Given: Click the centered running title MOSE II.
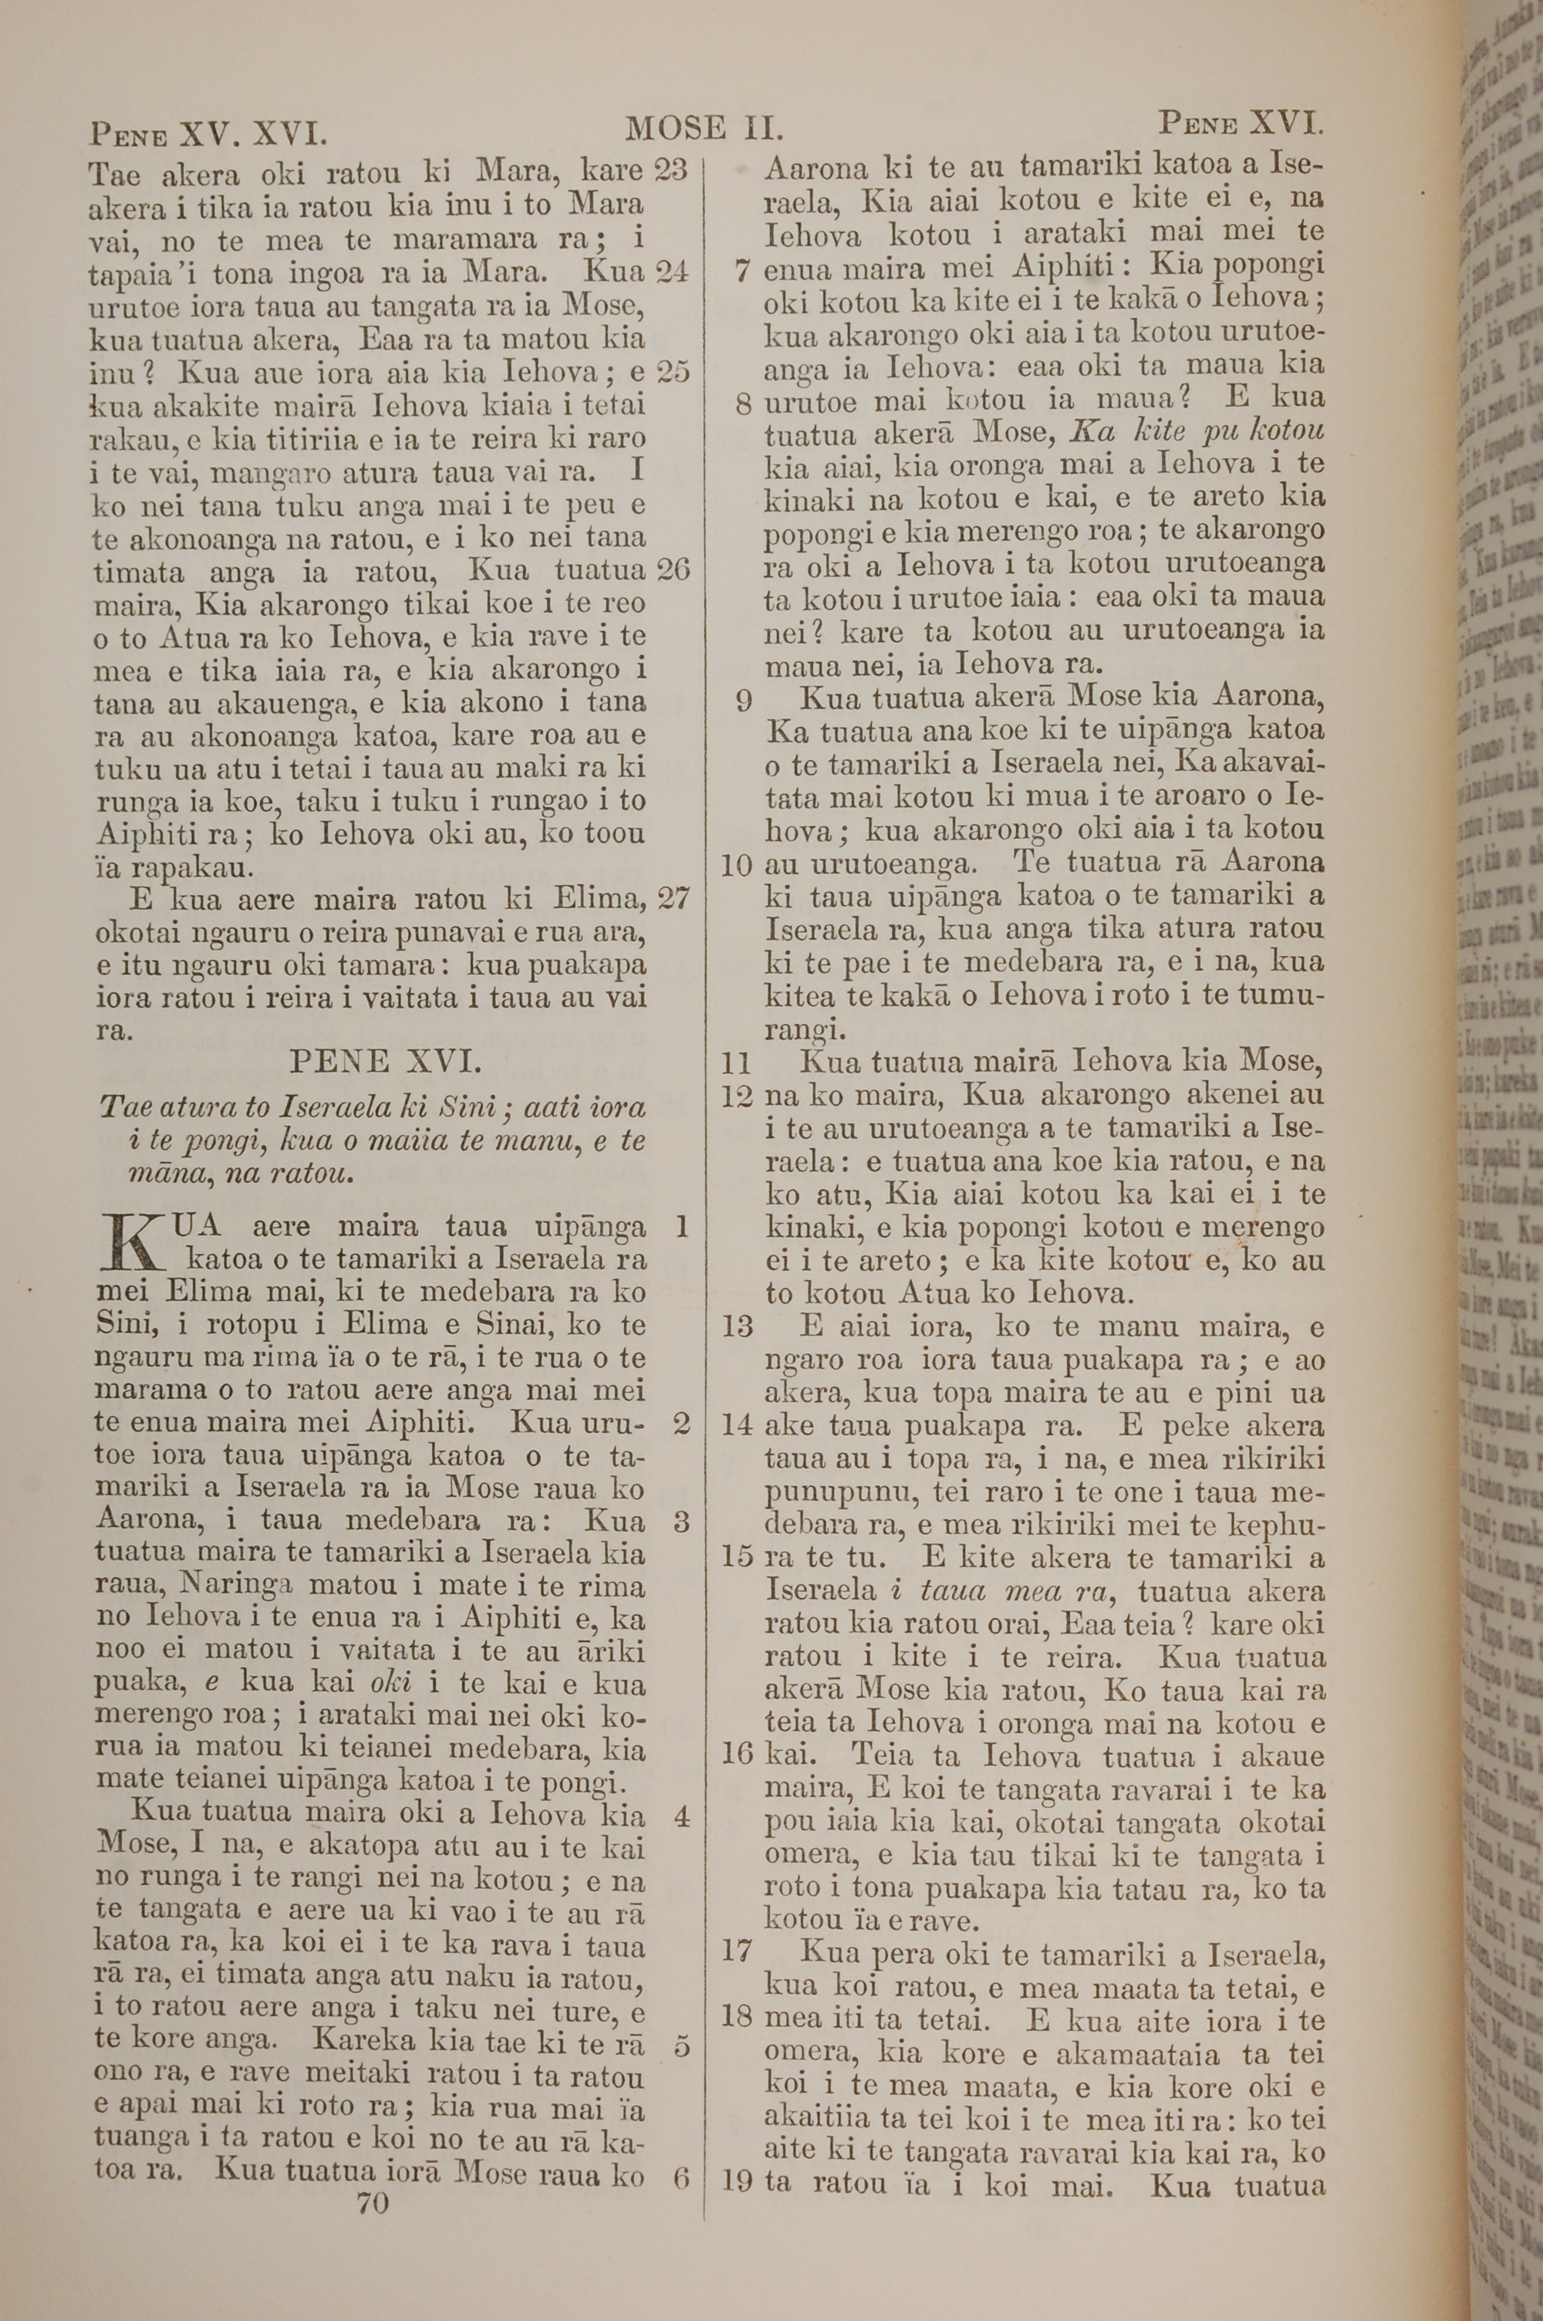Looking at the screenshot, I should click(704, 128).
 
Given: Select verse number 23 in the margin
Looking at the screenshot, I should click(670, 171).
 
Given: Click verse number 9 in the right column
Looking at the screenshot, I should click(744, 700).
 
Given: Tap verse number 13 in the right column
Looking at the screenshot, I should click(738, 1326).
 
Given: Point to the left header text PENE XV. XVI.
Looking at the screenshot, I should click(208, 132).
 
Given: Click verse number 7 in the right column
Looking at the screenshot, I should click(744, 269).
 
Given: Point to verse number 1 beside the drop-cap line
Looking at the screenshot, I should click(681, 1227).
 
